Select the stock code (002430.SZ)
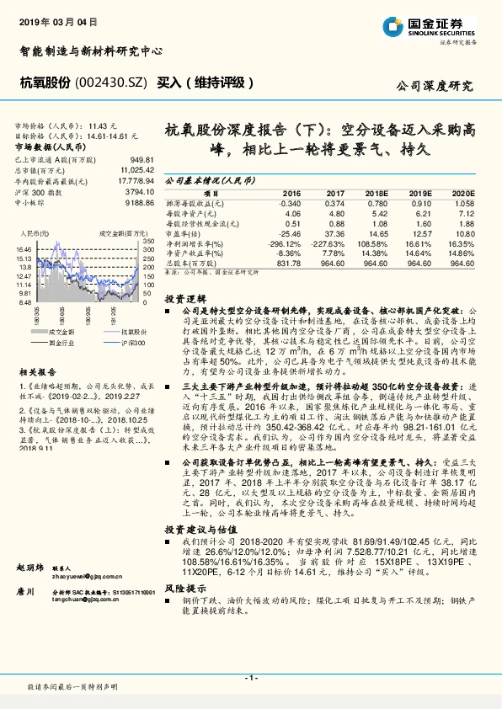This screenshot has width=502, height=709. click(x=109, y=83)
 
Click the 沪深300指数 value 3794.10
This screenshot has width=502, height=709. click(x=137, y=191)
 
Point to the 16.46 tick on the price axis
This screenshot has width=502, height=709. click(x=23, y=249)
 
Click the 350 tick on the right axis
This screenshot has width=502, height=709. click(x=149, y=242)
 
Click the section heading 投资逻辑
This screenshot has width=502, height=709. click(x=184, y=299)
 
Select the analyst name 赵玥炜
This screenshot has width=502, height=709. click(x=29, y=591)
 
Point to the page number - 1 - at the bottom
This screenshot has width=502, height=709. click(x=250, y=676)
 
